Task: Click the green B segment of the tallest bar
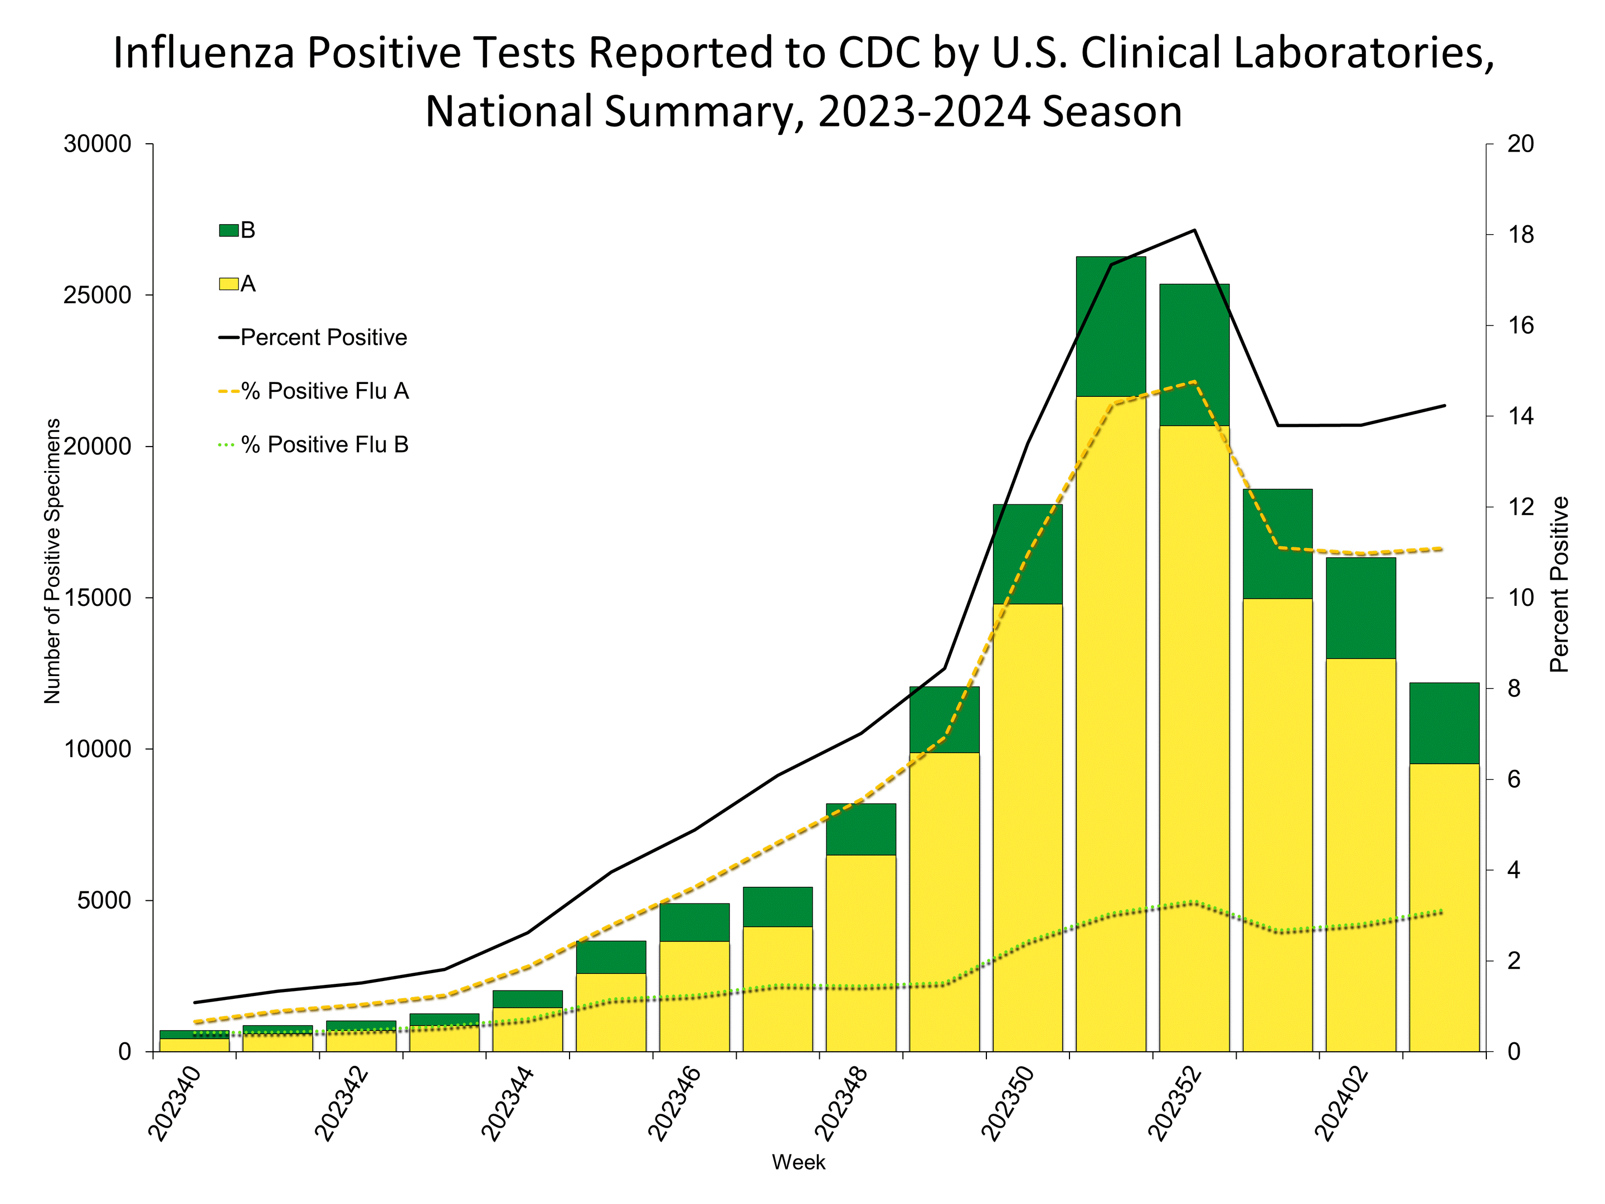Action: click(x=1110, y=327)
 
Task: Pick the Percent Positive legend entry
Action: click(x=313, y=337)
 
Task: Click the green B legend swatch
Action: click(x=228, y=231)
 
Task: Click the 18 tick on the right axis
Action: click(x=1521, y=235)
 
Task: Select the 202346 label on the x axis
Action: click(x=675, y=1103)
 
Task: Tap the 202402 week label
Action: click(x=1341, y=1103)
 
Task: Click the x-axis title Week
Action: click(x=798, y=1162)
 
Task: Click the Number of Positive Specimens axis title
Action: click(x=52, y=560)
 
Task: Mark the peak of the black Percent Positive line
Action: click(x=1194, y=230)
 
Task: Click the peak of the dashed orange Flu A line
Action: click(x=1194, y=381)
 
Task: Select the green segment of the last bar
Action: click(x=1444, y=723)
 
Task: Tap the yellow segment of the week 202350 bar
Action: click(x=1028, y=827)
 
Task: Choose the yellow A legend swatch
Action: click(x=228, y=284)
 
